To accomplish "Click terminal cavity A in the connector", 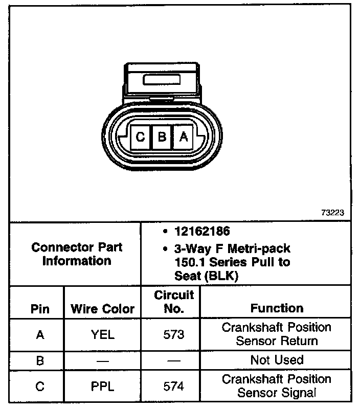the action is tap(183, 137).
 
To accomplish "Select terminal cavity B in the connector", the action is tap(162, 137).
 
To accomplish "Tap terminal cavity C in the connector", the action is tap(140, 137).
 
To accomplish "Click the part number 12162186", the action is tap(201, 232).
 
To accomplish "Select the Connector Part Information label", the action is tap(77, 254).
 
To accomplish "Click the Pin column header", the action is tap(40, 309).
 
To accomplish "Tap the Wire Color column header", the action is tap(102, 309).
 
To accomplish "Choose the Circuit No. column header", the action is tap(174, 302).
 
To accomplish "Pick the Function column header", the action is tap(277, 308).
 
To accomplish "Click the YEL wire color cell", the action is tap(102, 335).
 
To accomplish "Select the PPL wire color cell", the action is tap(102, 387).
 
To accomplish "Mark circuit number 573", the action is tap(174, 335).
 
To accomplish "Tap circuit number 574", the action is tap(174, 387).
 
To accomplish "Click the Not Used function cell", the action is tap(277, 360).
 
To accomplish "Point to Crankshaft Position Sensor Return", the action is tap(277, 334).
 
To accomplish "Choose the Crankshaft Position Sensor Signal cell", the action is tap(277, 386).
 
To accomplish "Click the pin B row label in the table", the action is tap(40, 360).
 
